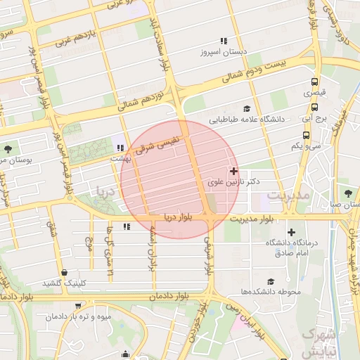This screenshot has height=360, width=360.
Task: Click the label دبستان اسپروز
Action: point(222,53)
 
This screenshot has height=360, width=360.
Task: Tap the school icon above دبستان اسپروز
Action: point(224,41)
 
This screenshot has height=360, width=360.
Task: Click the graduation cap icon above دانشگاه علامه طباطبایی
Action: point(247,108)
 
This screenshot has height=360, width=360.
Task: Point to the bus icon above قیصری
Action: point(314,81)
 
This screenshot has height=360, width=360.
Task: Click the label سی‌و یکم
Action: point(307,146)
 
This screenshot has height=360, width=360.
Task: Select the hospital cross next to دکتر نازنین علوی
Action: point(233,171)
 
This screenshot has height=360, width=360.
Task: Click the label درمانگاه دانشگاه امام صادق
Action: point(292,247)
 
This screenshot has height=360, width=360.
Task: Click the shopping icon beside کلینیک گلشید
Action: point(65,272)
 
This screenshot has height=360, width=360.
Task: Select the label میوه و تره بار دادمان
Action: point(79,316)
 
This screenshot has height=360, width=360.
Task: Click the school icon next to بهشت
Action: point(120,148)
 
